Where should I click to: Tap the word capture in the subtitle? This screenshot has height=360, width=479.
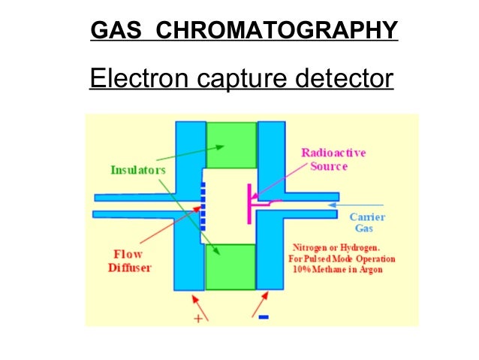click(x=236, y=77)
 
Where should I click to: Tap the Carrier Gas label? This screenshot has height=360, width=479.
click(x=368, y=222)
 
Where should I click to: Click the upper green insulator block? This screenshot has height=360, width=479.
click(x=230, y=144)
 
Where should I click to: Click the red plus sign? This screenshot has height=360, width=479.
click(x=198, y=318)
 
